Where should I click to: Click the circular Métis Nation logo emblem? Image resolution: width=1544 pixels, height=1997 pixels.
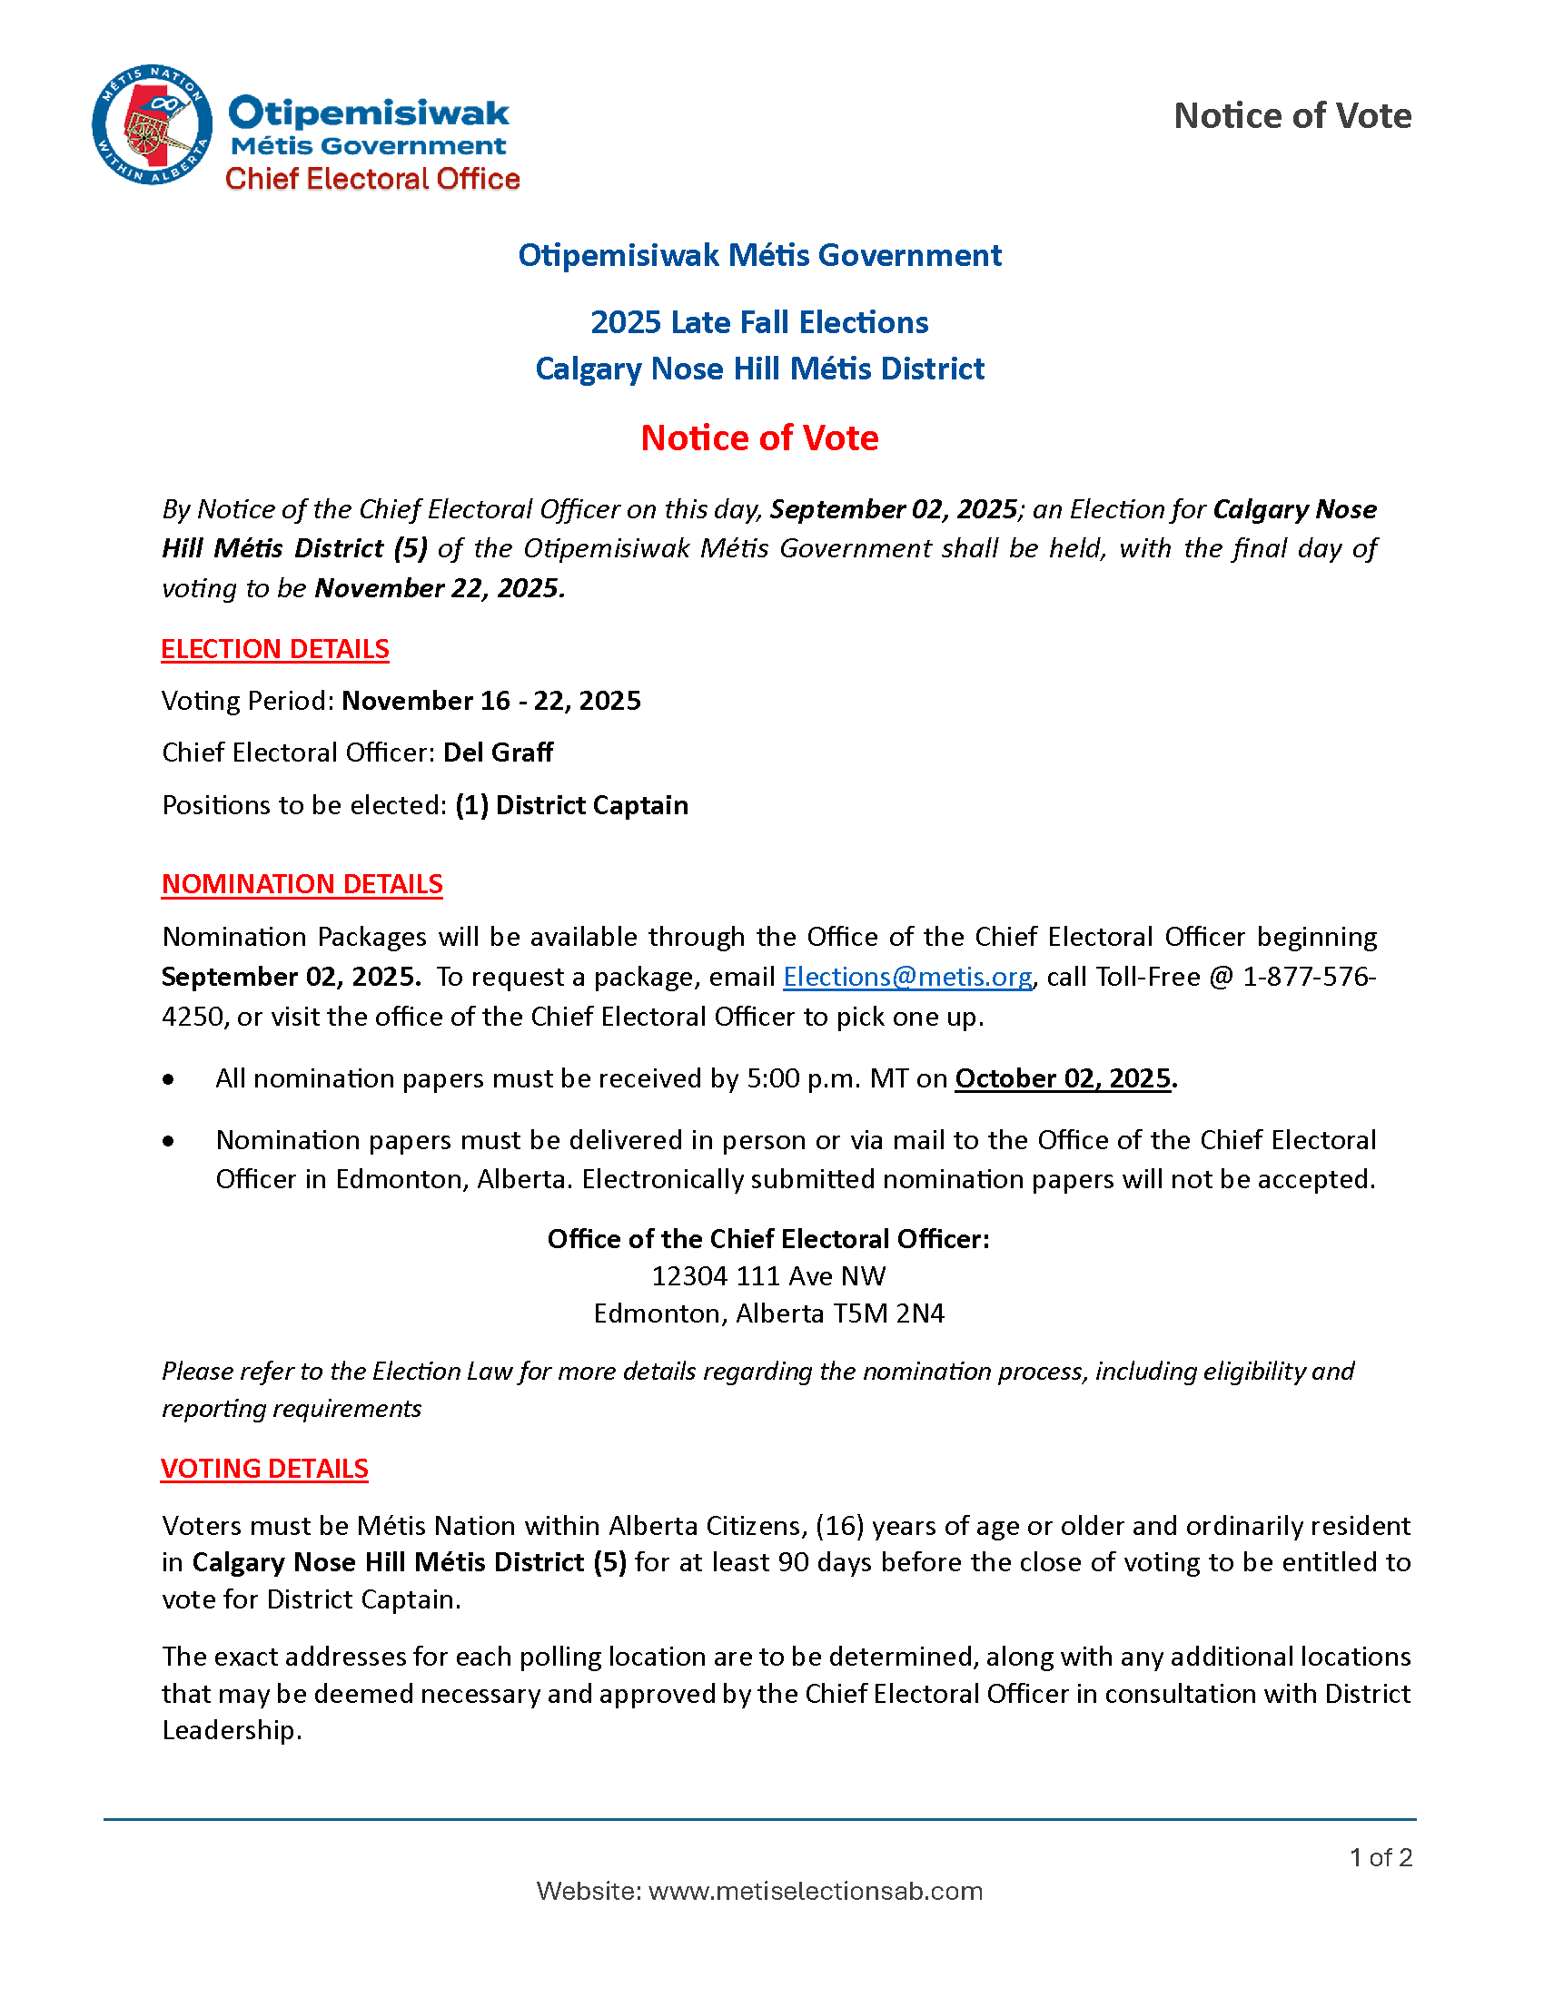(152, 125)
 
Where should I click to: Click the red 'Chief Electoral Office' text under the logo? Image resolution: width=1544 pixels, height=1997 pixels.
(372, 179)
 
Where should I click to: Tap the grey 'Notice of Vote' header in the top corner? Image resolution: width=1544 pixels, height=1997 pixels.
(1292, 116)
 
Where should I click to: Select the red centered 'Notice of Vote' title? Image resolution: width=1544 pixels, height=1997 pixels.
(759, 438)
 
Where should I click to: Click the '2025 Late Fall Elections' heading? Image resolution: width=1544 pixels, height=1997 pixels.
(759, 323)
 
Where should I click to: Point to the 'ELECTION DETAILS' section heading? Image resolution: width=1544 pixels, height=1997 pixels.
(275, 649)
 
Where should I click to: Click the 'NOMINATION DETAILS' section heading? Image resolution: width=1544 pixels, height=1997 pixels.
(302, 884)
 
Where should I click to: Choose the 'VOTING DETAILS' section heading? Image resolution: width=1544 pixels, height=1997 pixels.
(264, 1469)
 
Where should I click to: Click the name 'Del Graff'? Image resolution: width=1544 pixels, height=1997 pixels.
(499, 753)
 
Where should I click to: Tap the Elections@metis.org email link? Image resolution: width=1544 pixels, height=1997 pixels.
(907, 978)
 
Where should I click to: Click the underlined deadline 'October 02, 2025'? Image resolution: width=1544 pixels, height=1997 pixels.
(1063, 1079)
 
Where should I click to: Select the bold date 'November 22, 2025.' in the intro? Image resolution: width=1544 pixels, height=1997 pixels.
(440, 588)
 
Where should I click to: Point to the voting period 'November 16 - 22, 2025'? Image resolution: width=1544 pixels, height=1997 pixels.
(491, 702)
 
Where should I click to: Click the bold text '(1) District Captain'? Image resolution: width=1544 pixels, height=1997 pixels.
(571, 805)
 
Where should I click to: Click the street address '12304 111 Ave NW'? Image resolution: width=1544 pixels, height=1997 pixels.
(768, 1276)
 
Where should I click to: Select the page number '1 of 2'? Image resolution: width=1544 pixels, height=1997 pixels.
(1381, 1857)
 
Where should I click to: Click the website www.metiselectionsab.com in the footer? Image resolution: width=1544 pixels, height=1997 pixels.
(815, 1891)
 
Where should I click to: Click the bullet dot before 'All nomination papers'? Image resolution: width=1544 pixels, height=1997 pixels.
(168, 1080)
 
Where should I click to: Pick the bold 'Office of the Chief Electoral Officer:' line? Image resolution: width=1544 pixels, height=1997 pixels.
(768, 1239)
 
